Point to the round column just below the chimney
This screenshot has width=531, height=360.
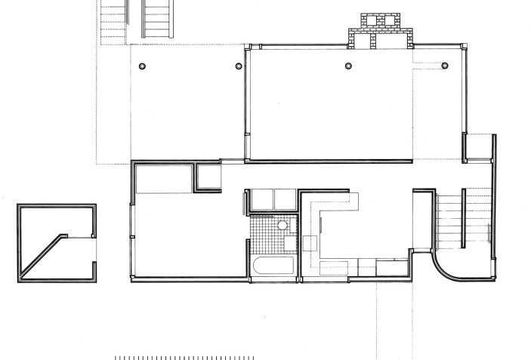[348, 66]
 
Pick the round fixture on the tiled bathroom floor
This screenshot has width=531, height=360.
[282, 225]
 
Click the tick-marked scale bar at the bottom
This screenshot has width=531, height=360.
[184, 357]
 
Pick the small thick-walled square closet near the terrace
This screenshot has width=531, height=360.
[208, 177]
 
